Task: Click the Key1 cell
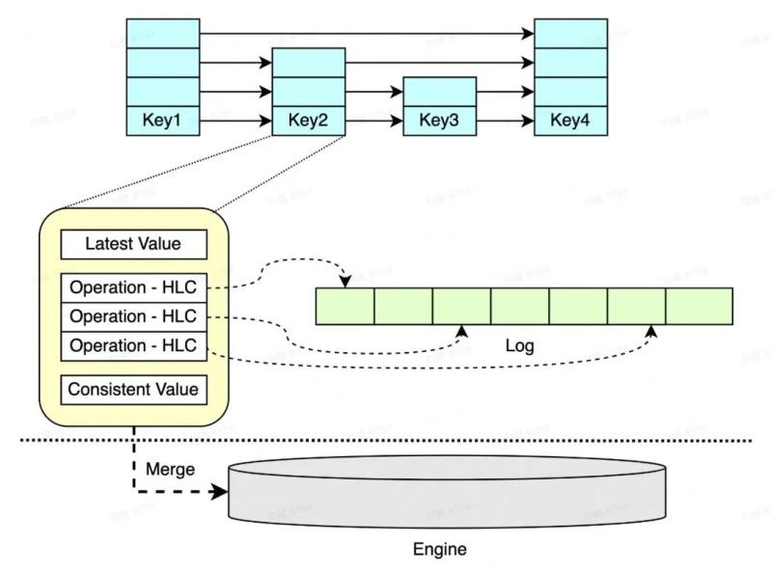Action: click(x=162, y=122)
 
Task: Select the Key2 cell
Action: click(x=309, y=122)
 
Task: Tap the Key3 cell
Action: click(x=439, y=122)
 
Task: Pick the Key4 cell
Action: click(x=570, y=122)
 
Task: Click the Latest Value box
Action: click(x=133, y=244)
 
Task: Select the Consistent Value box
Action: click(x=133, y=390)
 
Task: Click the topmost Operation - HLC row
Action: click(x=133, y=288)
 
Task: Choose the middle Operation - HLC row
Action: click(x=133, y=316)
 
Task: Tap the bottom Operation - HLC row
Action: click(x=133, y=345)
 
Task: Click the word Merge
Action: click(x=170, y=470)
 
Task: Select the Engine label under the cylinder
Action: click(x=439, y=550)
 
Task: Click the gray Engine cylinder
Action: click(x=446, y=492)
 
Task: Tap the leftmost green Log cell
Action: click(x=345, y=305)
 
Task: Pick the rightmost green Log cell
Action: click(x=699, y=305)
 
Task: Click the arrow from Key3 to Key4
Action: click(x=505, y=123)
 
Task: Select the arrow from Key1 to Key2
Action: click(x=235, y=123)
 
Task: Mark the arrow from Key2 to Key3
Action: click(x=373, y=123)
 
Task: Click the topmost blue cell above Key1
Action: click(x=162, y=33)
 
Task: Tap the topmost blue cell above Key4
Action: click(x=570, y=33)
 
